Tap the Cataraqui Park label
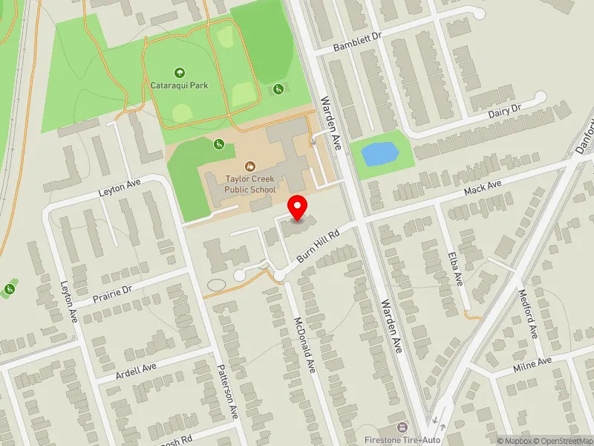click(179, 85)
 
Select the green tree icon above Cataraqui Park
click(179, 72)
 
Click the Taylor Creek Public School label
click(251, 184)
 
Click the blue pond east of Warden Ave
click(378, 155)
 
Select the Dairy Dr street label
click(505, 110)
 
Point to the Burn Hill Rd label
click(318, 244)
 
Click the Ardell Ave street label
click(136, 372)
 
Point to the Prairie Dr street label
click(112, 294)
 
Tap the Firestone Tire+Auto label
click(403, 440)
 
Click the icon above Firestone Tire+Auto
click(403, 427)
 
